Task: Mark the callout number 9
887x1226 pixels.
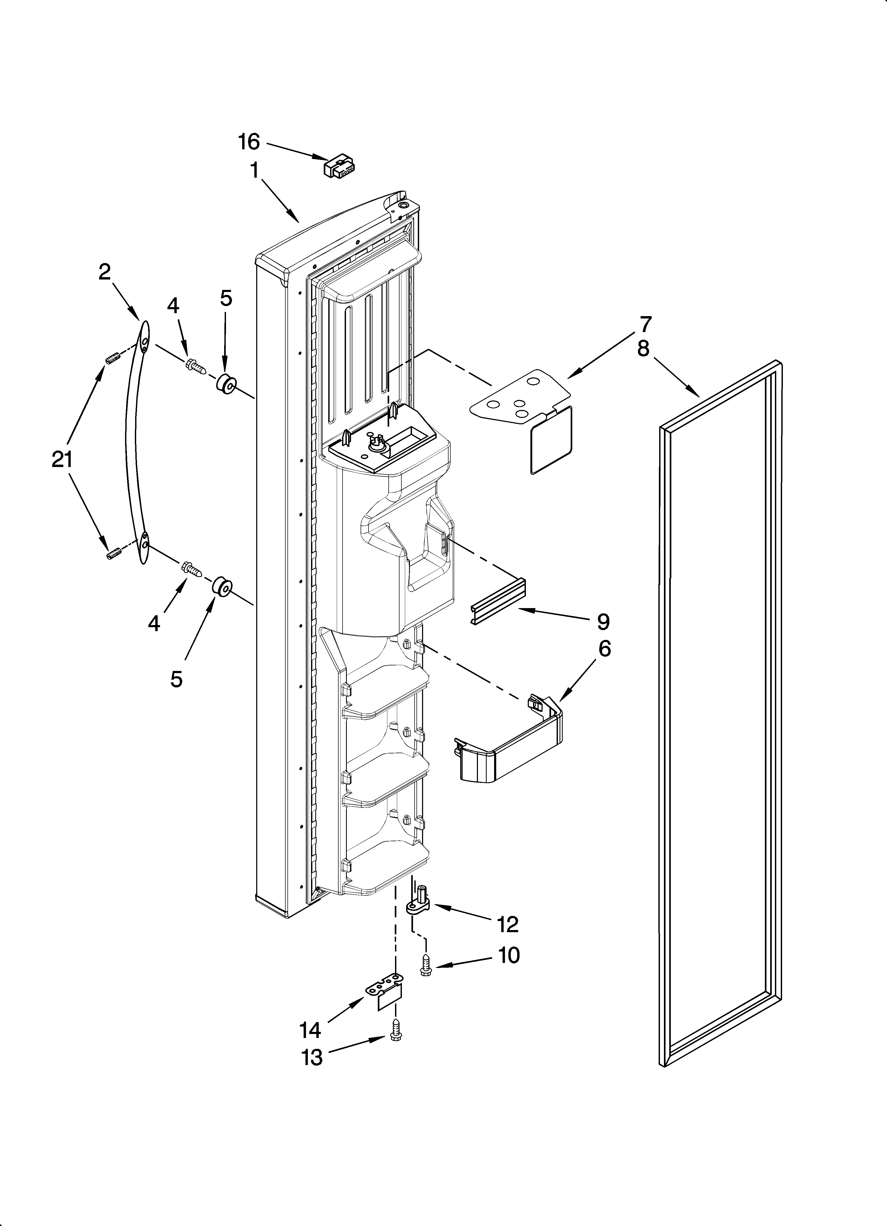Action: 604,622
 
